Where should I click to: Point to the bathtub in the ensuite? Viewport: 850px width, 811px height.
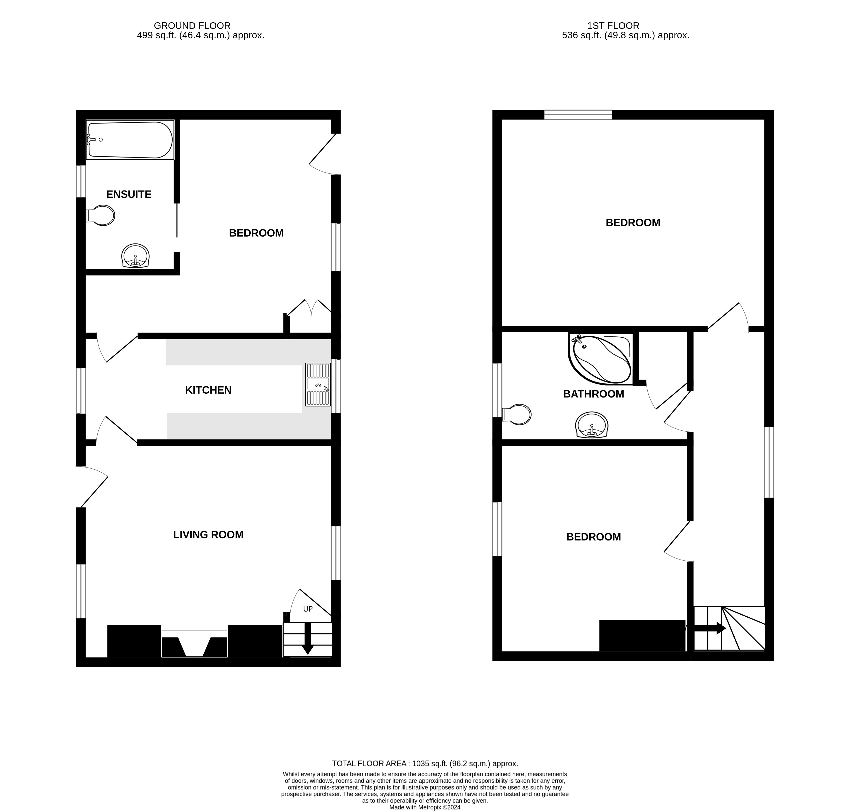tap(130, 140)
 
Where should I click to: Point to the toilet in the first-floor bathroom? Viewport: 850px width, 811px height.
tap(517, 414)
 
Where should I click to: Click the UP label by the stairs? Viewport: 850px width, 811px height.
tap(308, 609)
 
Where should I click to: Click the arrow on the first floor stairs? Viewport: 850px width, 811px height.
tap(709, 628)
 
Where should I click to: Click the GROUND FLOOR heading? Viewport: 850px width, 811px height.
tap(192, 25)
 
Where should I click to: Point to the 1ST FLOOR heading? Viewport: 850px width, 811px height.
tap(613, 25)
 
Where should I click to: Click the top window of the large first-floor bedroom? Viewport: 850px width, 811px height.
tap(578, 115)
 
